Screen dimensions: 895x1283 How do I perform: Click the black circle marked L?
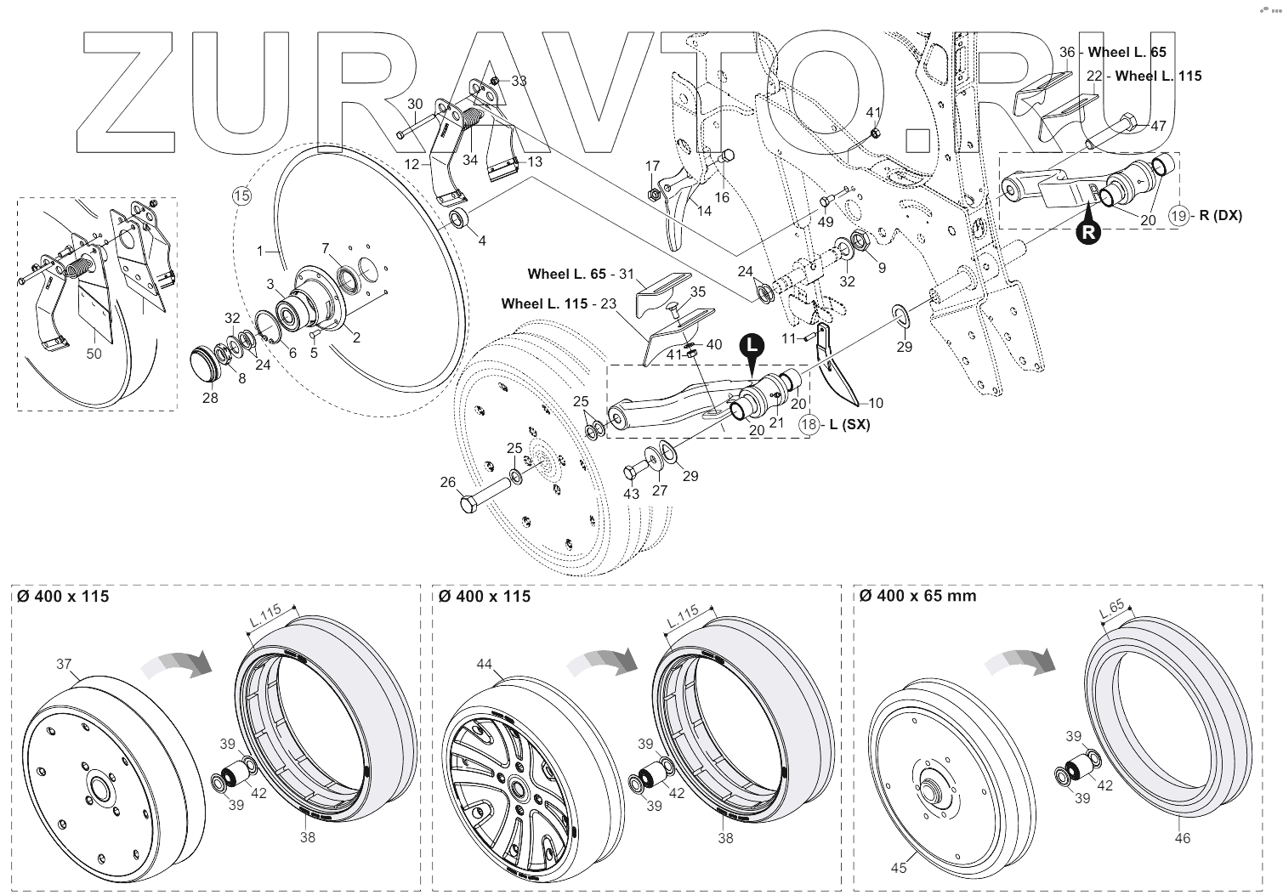pos(750,345)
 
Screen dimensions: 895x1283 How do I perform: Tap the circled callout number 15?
pos(242,195)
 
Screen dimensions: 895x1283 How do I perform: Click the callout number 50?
pos(94,353)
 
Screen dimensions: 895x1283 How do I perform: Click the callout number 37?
pos(65,664)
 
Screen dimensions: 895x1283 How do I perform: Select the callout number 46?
pos(1183,838)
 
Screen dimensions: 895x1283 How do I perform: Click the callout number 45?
pos(899,868)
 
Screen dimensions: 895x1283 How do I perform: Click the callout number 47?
pos(1158,126)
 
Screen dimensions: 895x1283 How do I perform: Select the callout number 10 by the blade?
pos(875,403)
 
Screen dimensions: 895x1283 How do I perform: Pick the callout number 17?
pos(652,166)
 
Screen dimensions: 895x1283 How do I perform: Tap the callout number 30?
pos(415,104)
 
